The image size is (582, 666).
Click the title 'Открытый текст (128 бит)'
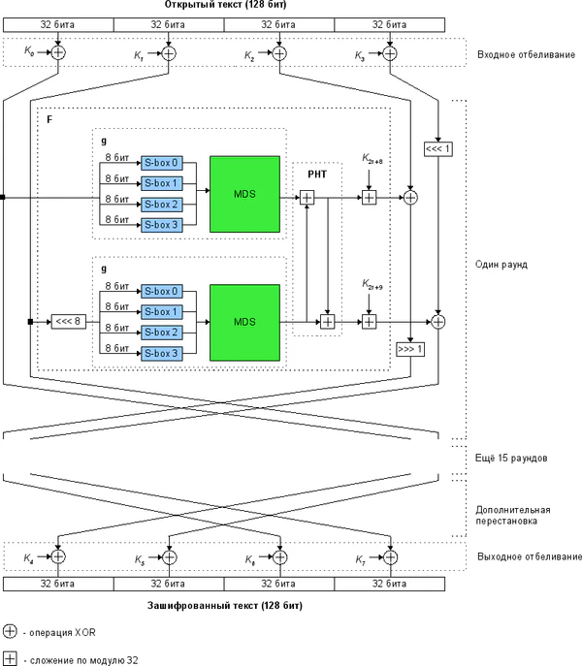(x=224, y=7)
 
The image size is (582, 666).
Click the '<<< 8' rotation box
(x=70, y=322)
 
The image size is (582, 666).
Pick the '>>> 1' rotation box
(x=410, y=348)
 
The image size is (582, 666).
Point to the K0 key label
(x=29, y=53)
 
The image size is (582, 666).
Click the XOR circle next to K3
(x=390, y=53)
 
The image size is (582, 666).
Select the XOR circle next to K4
(x=57, y=557)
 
